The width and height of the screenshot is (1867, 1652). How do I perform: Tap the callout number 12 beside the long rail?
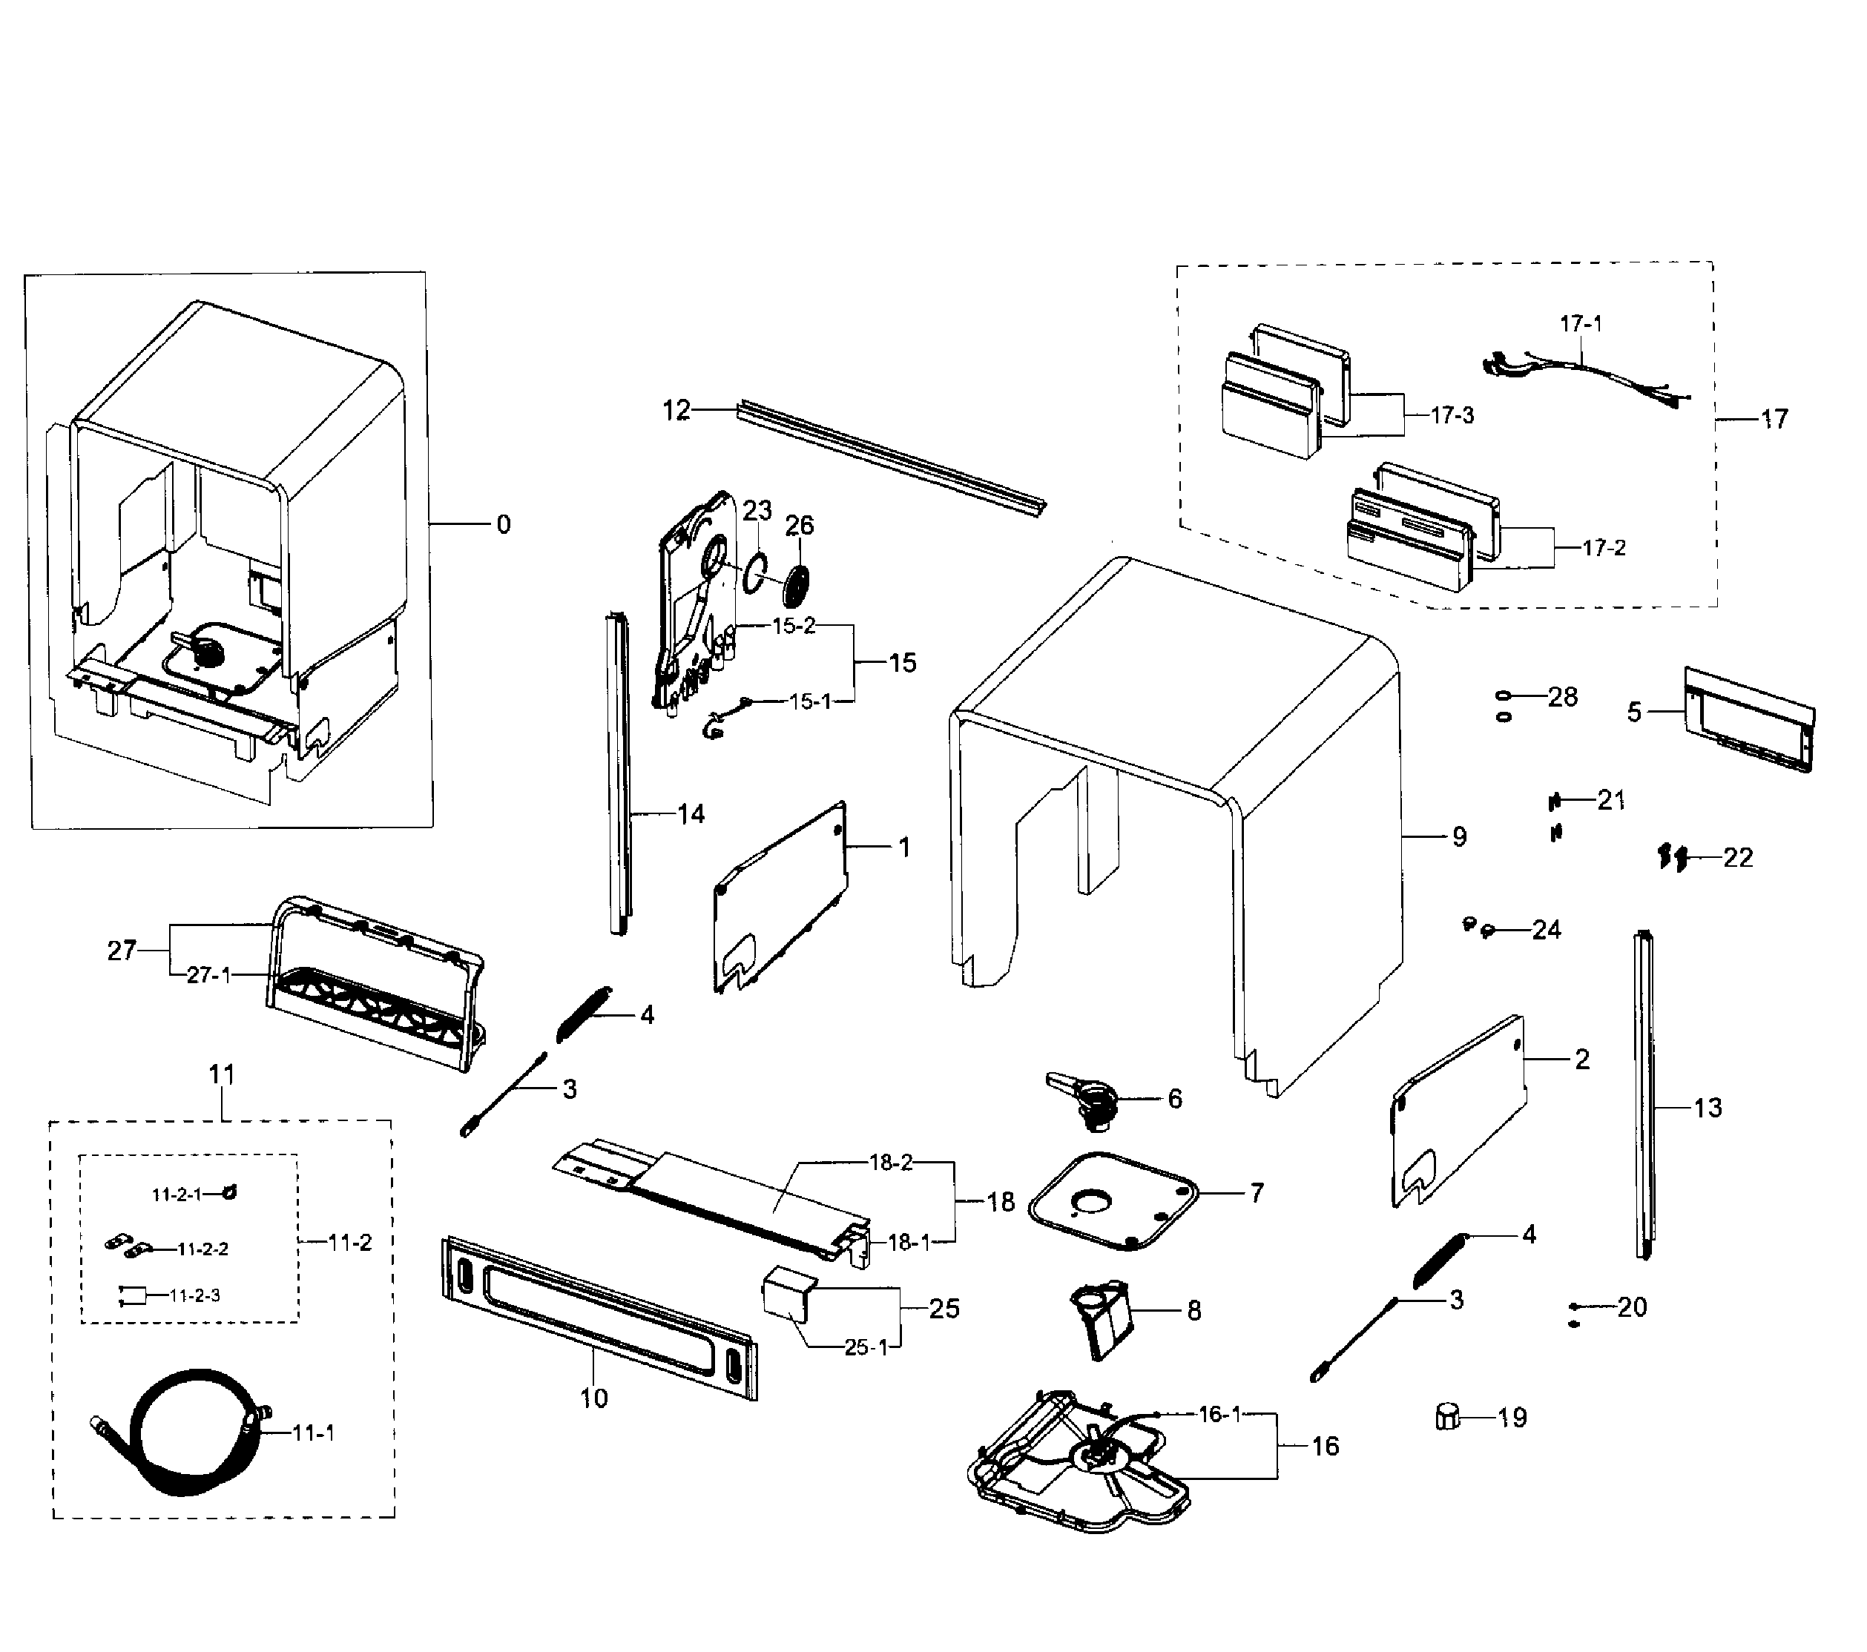[676, 411]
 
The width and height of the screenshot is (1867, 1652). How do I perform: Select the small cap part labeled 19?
[1447, 1416]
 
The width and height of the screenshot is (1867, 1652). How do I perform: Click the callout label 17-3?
[1452, 415]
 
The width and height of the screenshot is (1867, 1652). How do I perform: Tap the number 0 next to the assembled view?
[504, 524]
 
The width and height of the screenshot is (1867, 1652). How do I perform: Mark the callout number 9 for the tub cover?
[1459, 836]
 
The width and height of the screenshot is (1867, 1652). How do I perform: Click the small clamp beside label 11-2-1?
[229, 1192]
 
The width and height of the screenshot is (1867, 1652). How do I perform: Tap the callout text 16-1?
[1219, 1415]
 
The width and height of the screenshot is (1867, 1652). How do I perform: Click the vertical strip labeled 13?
[1644, 1096]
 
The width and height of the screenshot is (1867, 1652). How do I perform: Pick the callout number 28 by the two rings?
[1563, 697]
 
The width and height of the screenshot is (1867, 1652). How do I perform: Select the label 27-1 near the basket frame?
[208, 975]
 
